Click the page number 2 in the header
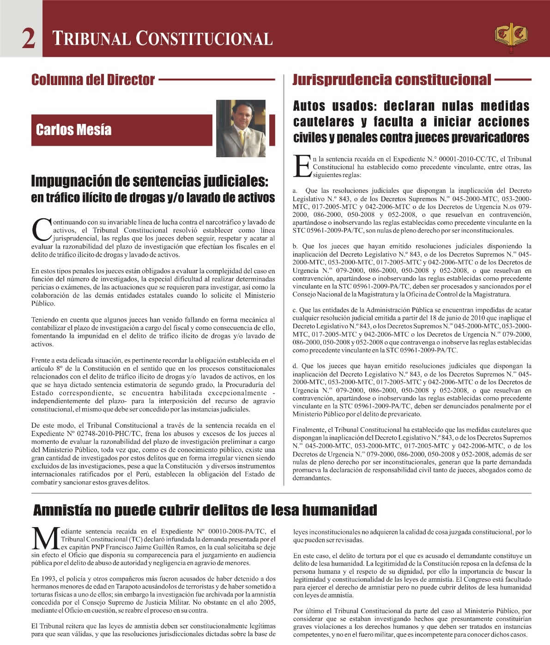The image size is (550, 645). (28, 39)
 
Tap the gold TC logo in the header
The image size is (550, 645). (511, 36)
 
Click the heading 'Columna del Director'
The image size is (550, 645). (93, 80)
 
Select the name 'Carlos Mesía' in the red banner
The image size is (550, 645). (73, 129)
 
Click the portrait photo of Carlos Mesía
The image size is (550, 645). (241, 128)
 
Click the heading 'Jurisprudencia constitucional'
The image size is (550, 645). (392, 80)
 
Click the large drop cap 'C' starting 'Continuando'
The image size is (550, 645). (42, 229)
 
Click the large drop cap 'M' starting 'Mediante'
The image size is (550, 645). (45, 539)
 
